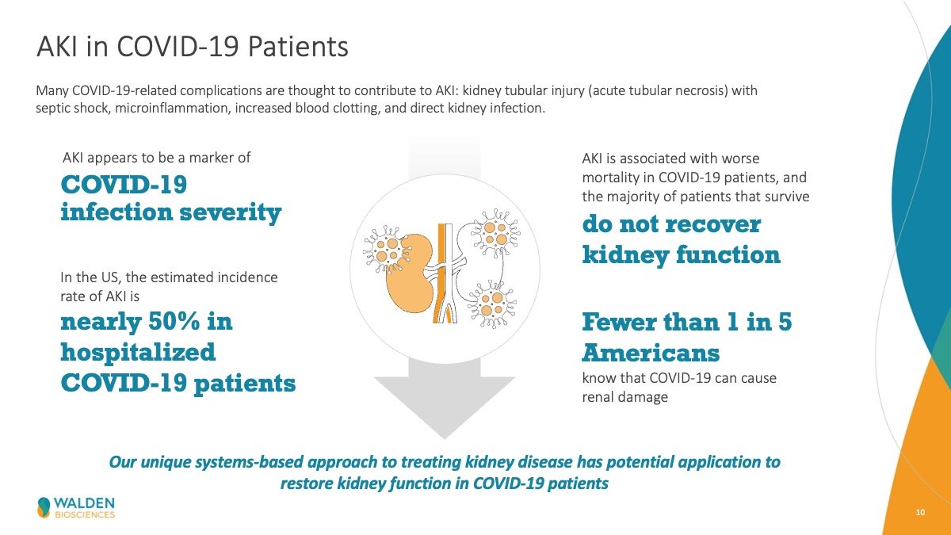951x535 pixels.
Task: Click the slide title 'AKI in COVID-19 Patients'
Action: [193, 46]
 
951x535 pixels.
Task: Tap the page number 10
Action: [920, 513]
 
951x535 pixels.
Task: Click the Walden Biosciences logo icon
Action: [44, 507]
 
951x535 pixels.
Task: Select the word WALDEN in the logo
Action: [84, 503]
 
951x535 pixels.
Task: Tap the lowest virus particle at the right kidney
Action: [492, 304]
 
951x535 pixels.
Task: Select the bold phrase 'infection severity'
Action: [170, 212]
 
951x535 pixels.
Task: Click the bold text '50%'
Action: [174, 322]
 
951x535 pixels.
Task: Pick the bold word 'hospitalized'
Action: [138, 353]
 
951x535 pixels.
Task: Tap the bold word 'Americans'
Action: [651, 353]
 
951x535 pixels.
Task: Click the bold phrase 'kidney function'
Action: [682, 255]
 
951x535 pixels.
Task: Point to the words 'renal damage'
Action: [625, 397]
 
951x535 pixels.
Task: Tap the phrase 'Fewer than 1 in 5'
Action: [687, 322]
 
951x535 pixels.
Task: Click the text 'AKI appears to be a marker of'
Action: [157, 158]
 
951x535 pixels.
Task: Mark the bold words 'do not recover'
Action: [672, 224]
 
